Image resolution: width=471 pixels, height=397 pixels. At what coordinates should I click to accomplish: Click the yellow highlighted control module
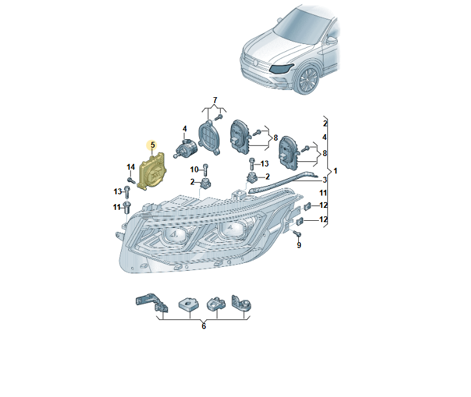pyautogui.click(x=153, y=172)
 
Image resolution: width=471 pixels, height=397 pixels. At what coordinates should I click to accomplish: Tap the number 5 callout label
pyautogui.click(x=153, y=146)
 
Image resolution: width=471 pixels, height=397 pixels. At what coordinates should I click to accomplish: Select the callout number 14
pyautogui.click(x=130, y=168)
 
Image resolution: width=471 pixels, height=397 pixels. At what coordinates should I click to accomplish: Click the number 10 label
pyautogui.click(x=195, y=170)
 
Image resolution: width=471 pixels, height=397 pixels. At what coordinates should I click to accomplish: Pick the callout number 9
pyautogui.click(x=299, y=245)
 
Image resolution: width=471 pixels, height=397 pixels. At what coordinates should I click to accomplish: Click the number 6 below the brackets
pyautogui.click(x=203, y=326)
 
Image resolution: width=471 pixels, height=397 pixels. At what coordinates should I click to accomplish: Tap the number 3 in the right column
pyautogui.click(x=325, y=179)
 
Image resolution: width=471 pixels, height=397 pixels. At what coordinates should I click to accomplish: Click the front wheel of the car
pyautogui.click(x=308, y=80)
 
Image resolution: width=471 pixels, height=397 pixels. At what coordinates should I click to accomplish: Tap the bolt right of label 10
pyautogui.click(x=205, y=170)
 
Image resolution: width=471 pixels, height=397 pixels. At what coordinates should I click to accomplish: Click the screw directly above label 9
pyautogui.click(x=296, y=233)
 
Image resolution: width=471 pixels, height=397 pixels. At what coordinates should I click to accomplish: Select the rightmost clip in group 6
pyautogui.click(x=243, y=303)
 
